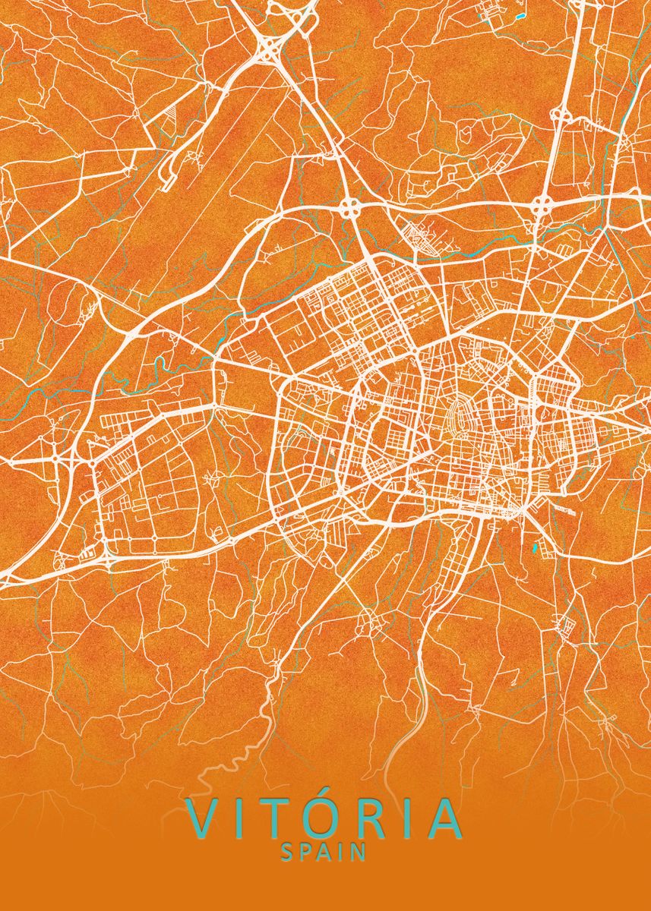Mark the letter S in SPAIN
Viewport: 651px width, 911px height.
pos(286,853)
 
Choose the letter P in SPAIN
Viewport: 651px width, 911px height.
pos(305,853)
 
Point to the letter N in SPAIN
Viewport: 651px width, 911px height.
pos(360,853)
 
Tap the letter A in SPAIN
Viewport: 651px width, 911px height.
pos(324,853)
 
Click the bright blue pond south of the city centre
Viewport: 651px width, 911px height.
pos(536,547)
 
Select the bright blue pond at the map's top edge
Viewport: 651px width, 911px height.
pos(520,15)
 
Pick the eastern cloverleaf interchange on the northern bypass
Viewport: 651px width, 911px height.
pos(542,203)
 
